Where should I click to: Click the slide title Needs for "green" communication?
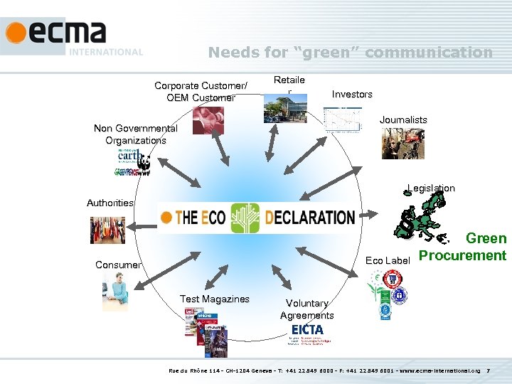pos(350,52)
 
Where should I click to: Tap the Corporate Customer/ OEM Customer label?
pos(201,92)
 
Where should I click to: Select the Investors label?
pos(352,94)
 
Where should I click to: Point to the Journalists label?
pos(403,119)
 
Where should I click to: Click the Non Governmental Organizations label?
pos(136,134)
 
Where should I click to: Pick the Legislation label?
pos(431,188)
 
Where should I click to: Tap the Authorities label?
pos(110,203)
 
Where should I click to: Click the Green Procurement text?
pos(463,247)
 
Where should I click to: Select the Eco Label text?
pos(387,260)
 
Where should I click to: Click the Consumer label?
pos(118,265)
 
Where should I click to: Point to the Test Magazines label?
pos(214,299)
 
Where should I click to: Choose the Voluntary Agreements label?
pos(306,309)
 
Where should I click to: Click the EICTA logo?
pos(306,331)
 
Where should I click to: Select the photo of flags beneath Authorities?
pos(107,230)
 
